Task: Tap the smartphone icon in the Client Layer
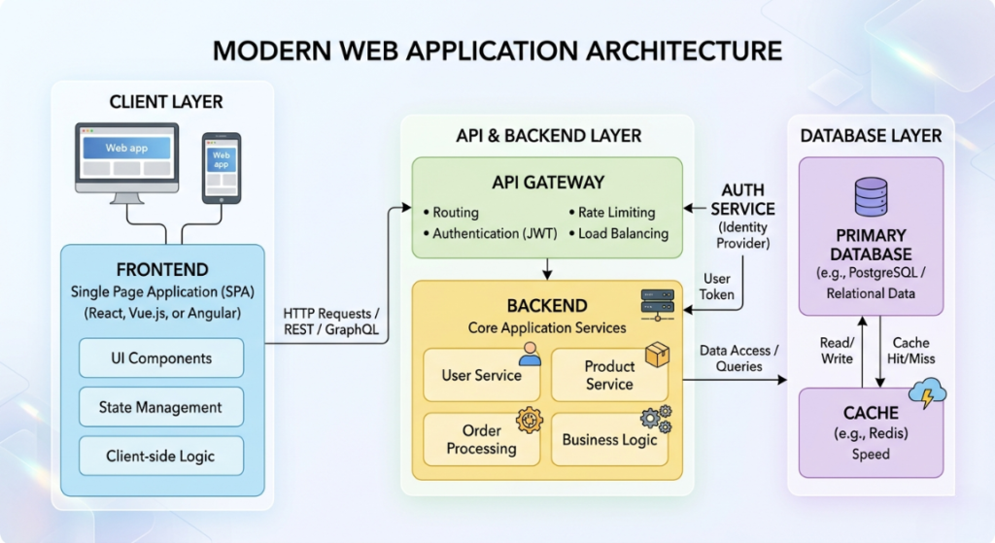tap(221, 167)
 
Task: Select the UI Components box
tap(161, 358)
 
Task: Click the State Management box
tap(161, 408)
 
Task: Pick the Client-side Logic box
tap(161, 456)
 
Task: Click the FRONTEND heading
tap(161, 269)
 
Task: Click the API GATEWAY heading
tap(548, 183)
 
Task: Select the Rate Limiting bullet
tap(616, 212)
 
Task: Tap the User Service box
tap(482, 375)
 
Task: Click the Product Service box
tap(609, 375)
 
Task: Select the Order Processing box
tap(482, 439)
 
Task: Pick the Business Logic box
tap(609, 439)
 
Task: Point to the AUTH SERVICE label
tap(742, 199)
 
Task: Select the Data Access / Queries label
tap(736, 358)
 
